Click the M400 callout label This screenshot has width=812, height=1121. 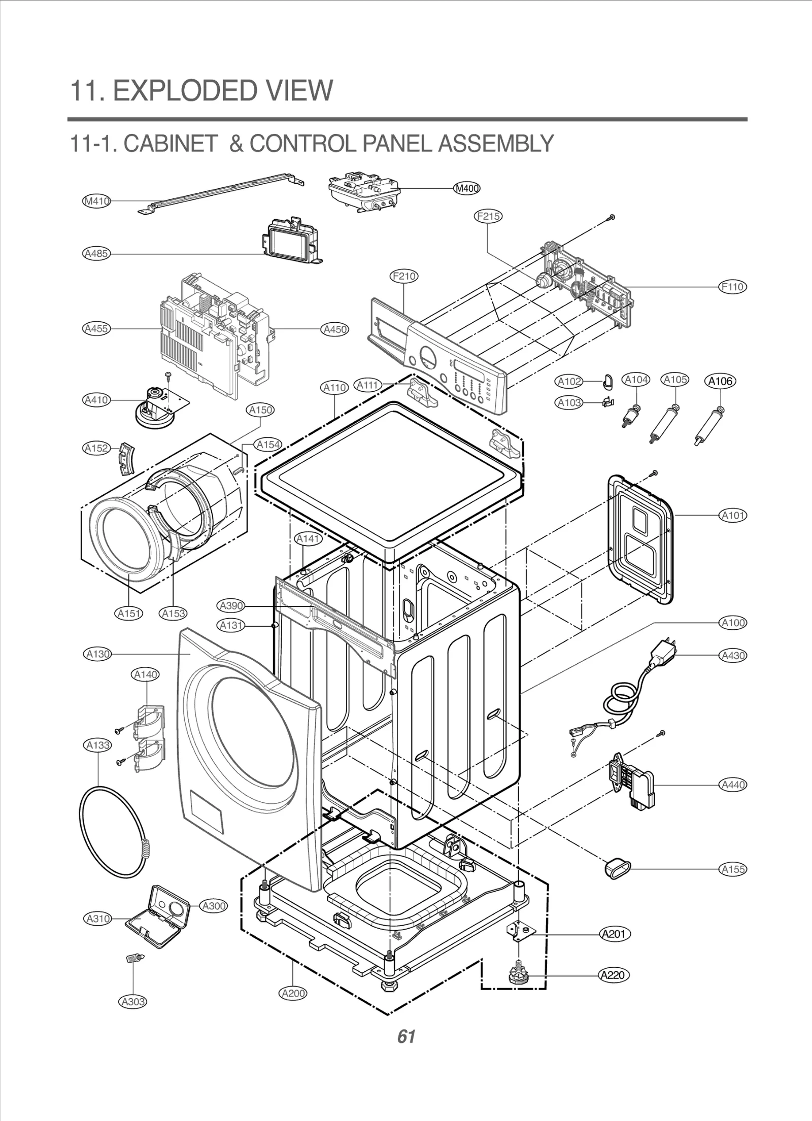466,189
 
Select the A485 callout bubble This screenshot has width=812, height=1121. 96,253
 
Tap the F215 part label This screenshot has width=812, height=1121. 488,216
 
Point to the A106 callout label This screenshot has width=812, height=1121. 721,381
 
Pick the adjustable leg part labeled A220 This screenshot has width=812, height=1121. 518,975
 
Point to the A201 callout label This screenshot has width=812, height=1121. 615,933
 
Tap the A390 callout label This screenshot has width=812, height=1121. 231,605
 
